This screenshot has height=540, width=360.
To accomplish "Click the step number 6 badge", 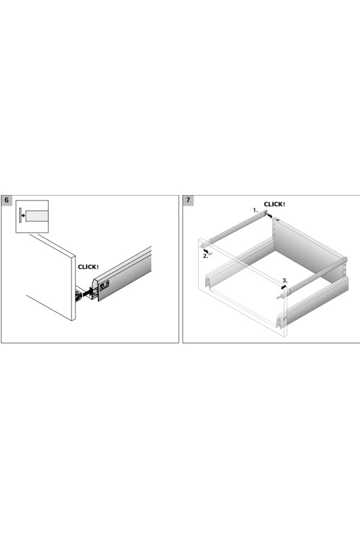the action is coord(7,200).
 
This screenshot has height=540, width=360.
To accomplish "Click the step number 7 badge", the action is coord(188,200).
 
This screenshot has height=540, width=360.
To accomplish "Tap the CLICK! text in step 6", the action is coord(88,266).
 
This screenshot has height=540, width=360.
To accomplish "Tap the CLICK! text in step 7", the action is coord(275,204).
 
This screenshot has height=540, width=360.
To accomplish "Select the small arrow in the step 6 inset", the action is coord(23,216).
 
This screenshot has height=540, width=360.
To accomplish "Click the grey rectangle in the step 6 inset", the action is coord(37,216).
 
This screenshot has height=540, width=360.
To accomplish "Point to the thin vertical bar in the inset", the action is coord(20,215).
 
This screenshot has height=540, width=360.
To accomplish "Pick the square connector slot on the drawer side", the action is coord(104,284).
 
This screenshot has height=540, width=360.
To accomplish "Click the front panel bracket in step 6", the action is coord(79,295).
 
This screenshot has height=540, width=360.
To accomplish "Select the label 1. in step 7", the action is coord(255,210).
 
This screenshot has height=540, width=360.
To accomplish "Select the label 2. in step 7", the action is coord(205,256).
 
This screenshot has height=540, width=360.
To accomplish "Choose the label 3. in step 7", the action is coord(285,280).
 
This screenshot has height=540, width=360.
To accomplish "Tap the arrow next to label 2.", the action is coord(206,250).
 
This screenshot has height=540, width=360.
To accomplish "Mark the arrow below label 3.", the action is coord(284,287).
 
